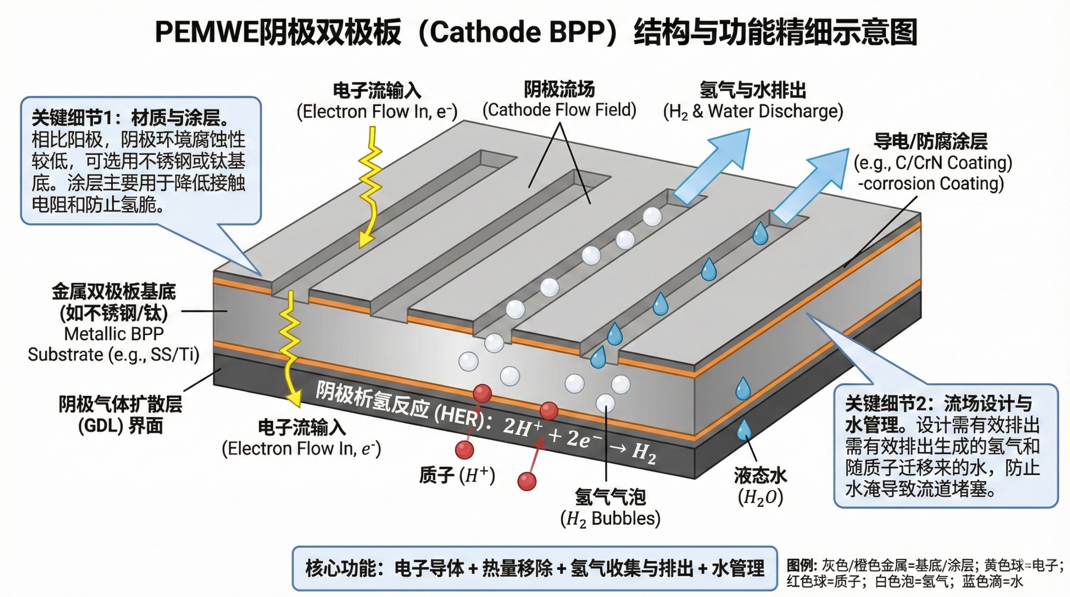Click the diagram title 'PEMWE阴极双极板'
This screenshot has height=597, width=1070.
click(278, 33)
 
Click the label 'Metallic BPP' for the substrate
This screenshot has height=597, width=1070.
click(114, 334)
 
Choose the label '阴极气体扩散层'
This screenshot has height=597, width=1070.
click(120, 404)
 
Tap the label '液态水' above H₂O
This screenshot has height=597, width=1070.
click(760, 475)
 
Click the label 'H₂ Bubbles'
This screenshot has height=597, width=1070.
click(610, 519)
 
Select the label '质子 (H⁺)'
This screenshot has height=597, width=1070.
click(457, 475)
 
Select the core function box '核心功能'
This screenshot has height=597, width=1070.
click(534, 568)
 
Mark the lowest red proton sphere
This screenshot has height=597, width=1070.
click(527, 481)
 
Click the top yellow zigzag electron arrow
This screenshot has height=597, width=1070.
click(369, 188)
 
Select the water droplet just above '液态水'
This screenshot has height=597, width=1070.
click(744, 430)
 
